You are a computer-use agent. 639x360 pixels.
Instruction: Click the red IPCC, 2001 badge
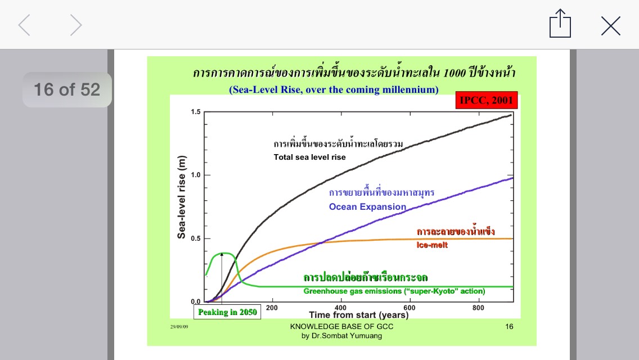[487, 100]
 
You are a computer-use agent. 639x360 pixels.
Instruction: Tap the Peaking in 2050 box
[227, 312]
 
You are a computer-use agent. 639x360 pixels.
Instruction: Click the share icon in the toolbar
[560, 23]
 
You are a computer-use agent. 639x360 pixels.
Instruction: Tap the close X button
[610, 26]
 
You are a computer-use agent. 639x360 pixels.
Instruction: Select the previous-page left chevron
[24, 25]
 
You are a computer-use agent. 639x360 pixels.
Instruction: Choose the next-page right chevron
[76, 25]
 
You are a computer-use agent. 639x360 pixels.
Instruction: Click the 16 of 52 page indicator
[67, 89]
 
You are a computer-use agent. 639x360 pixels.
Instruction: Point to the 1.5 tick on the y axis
[196, 112]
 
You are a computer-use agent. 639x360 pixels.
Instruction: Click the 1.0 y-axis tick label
[196, 175]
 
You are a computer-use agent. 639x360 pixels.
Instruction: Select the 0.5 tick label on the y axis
[196, 238]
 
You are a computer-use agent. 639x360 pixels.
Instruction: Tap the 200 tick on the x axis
[272, 308]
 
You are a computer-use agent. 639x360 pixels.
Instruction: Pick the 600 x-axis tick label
[409, 308]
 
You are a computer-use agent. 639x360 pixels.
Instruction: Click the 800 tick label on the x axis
[478, 308]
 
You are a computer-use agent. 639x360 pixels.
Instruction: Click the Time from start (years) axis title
[359, 315]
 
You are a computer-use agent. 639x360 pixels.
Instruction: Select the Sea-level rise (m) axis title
[181, 197]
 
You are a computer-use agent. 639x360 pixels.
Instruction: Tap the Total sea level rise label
[310, 157]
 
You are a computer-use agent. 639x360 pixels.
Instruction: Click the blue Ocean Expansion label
[367, 206]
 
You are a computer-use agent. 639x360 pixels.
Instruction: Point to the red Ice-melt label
[432, 245]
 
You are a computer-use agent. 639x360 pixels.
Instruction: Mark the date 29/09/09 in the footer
[179, 327]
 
